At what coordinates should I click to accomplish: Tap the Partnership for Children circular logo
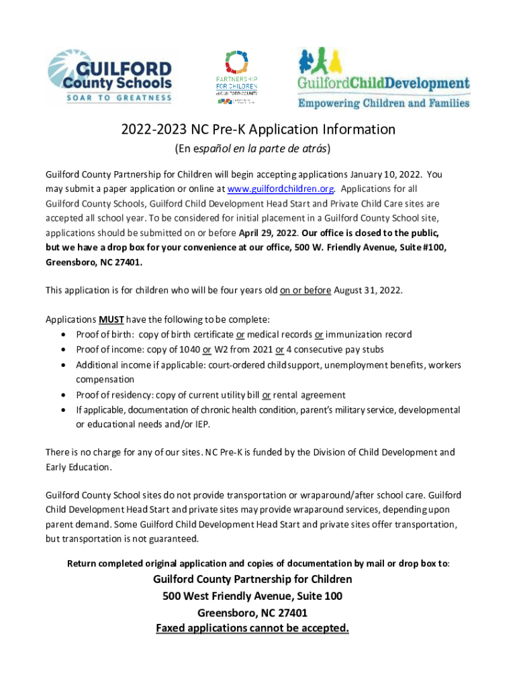236,78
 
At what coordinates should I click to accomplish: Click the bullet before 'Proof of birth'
63,334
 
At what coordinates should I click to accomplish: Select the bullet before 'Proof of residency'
63,395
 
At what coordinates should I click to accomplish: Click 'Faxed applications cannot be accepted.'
252,629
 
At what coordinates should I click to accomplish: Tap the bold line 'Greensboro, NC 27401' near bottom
252,613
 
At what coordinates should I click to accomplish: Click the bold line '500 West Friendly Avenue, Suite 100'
252,596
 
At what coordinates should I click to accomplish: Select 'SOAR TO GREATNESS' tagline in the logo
110,98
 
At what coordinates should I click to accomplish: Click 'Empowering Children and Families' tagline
383,103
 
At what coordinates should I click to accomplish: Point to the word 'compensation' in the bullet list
105,380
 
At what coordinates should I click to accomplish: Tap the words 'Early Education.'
78,468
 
